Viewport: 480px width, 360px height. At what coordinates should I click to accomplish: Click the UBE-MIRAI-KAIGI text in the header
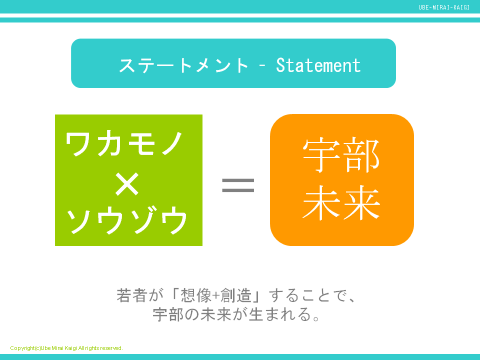tap(444, 7)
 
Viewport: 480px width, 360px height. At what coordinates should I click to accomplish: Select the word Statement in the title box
tap(318, 65)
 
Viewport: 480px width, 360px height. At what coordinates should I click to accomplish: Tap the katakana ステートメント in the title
tap(183, 65)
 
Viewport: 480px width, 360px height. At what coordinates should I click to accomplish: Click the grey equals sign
tap(238, 186)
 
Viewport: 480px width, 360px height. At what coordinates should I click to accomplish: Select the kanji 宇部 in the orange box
tap(341, 155)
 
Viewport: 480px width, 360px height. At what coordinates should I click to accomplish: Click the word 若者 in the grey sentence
tap(131, 295)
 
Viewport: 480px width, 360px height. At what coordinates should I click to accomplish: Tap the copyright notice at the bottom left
tap(66, 348)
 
